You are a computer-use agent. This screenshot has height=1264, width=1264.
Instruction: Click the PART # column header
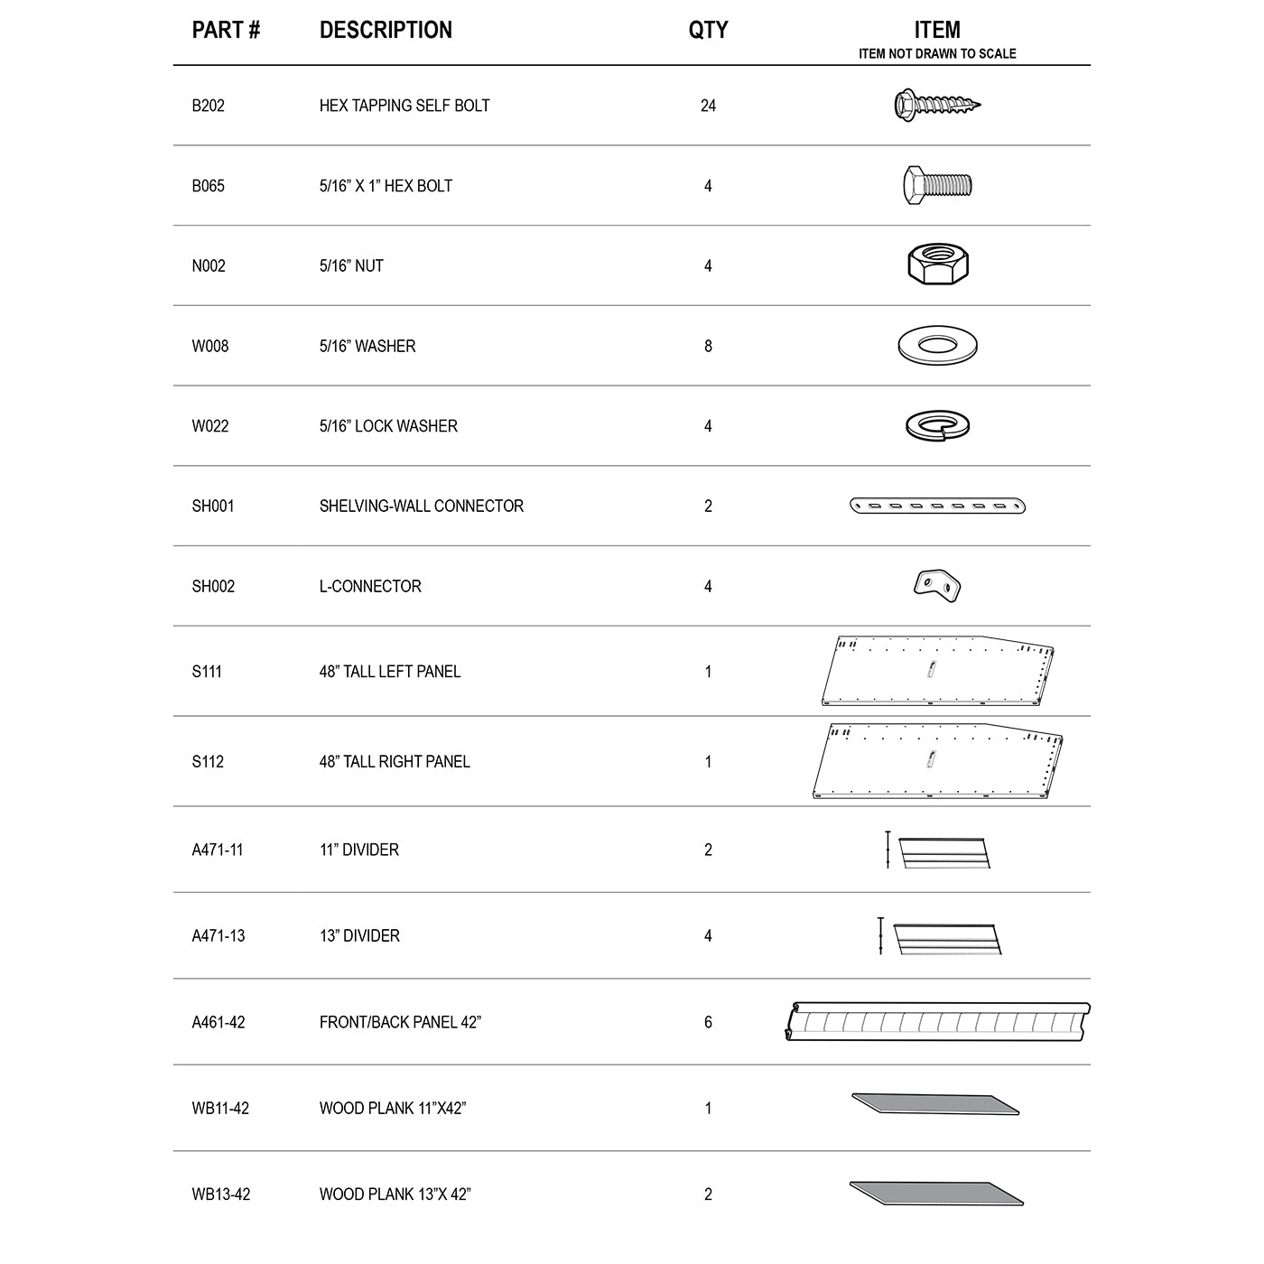[x=226, y=30]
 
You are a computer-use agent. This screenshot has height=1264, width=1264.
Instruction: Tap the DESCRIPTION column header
[x=386, y=30]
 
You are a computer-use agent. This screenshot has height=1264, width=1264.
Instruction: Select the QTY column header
[x=708, y=30]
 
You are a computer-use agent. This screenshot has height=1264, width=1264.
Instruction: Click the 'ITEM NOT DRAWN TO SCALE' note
[x=937, y=54]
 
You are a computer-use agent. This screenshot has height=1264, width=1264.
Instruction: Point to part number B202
[x=209, y=106]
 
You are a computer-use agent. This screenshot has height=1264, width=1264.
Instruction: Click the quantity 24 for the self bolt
[x=708, y=106]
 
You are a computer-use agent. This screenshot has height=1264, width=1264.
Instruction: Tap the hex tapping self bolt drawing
[x=936, y=105]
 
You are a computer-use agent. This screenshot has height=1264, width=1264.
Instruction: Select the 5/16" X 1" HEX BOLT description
[x=386, y=186]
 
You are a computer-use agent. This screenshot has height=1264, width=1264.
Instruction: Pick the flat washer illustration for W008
[x=938, y=345]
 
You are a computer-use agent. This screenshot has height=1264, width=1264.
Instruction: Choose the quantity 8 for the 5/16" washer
[x=708, y=346]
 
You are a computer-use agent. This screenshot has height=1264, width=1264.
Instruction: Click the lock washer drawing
[x=938, y=425]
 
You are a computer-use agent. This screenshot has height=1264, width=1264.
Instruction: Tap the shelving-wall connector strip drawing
[x=938, y=506]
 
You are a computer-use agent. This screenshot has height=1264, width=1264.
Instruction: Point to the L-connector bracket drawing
[x=937, y=584]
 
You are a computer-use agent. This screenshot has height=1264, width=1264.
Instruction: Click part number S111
[x=207, y=672]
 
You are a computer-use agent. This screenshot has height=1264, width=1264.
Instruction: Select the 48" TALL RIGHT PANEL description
[x=395, y=762]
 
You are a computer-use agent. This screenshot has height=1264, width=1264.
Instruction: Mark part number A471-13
[x=218, y=936]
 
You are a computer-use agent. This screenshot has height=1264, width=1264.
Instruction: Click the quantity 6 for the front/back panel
[x=708, y=1022]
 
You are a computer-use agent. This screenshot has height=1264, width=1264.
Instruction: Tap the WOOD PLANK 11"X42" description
[x=393, y=1109]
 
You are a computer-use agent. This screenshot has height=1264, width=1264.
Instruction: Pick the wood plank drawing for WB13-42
[x=936, y=1193]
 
